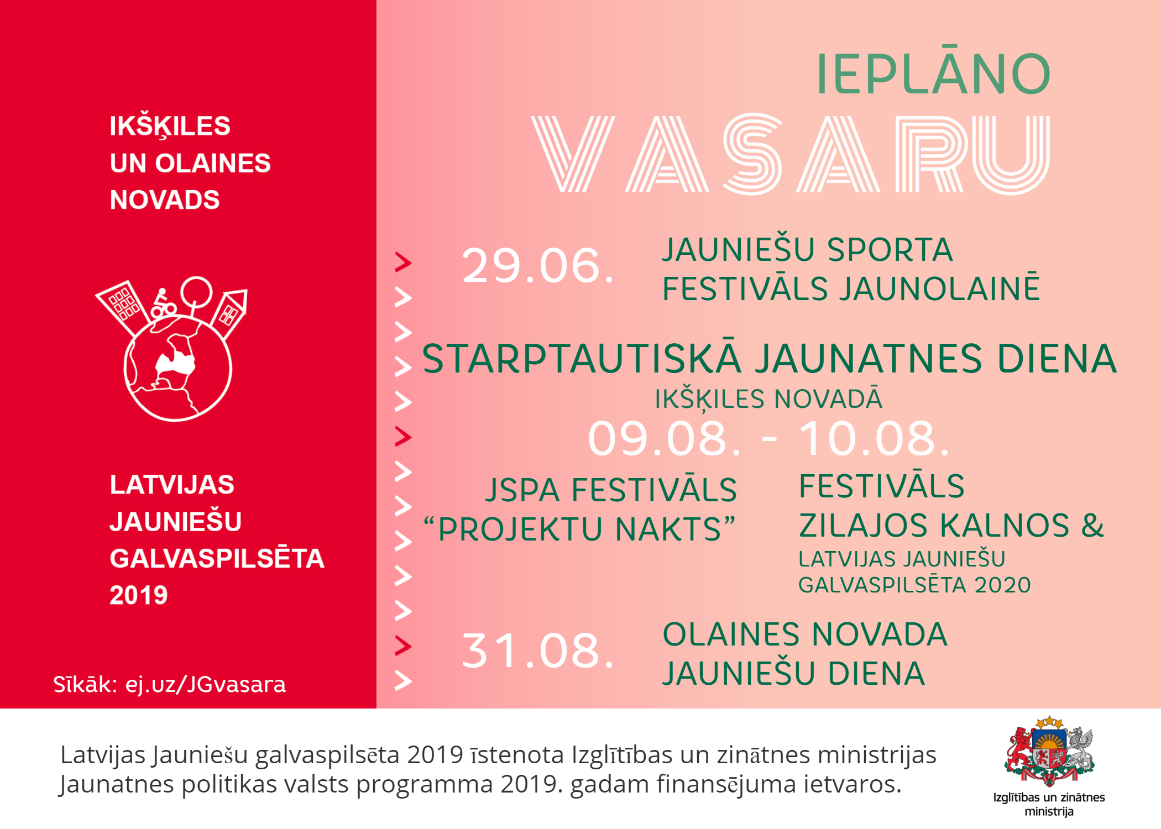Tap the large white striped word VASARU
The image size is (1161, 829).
coord(791,154)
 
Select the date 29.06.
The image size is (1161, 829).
coord(537,266)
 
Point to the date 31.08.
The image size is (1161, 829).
coord(537,650)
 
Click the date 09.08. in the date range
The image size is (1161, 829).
coord(664,438)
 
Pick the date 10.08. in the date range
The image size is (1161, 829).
coord(875,438)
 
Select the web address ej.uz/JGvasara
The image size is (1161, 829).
coord(206,685)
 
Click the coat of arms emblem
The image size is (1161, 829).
coord(1049,751)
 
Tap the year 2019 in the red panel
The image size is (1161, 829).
coord(138,595)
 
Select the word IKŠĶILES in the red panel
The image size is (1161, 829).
coord(170,127)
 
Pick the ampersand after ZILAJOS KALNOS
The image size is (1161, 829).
coord(1092,525)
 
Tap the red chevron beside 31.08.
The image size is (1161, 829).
coord(403,646)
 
